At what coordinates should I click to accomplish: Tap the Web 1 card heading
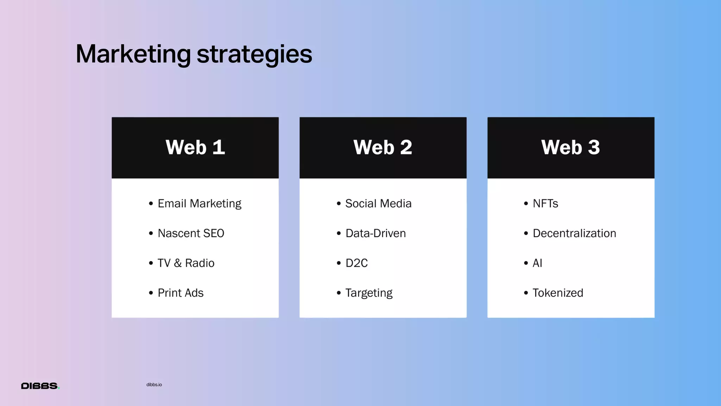[195, 147]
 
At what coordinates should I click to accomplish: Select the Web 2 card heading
[383, 147]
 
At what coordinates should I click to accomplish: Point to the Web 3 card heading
[570, 147]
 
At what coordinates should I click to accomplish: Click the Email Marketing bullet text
[199, 204]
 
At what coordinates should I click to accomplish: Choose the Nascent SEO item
[191, 233]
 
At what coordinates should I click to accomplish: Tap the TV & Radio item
[186, 263]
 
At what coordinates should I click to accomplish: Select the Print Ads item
[181, 293]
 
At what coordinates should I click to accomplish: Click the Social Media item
[378, 204]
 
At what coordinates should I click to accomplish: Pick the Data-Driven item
[375, 233]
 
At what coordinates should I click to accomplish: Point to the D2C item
[356, 263]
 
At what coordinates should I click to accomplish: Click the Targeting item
[369, 293]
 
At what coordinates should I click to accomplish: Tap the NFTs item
[545, 204]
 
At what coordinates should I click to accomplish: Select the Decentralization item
[574, 233]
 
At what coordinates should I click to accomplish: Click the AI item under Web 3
[537, 263]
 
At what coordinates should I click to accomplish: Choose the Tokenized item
[558, 293]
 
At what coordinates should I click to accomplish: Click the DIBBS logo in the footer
[40, 386]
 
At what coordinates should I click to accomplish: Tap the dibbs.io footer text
[154, 385]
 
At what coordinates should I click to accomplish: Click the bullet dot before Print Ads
[151, 293]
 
